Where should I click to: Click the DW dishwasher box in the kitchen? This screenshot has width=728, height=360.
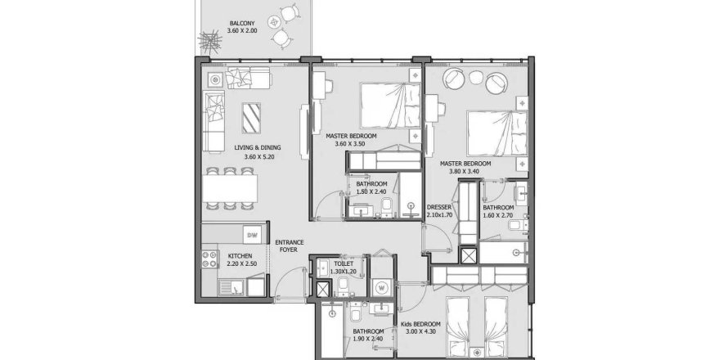coord(253,236)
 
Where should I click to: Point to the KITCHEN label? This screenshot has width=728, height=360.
coord(217,255)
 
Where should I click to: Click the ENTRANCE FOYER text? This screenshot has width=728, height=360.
coord(289,246)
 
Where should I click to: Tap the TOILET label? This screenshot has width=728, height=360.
coord(344,264)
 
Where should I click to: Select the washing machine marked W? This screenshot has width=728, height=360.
coord(382,286)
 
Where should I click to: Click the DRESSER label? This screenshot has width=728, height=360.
coord(439,208)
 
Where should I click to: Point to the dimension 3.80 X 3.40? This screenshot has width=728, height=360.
coord(465,172)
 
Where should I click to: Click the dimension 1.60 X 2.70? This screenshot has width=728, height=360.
coord(497,217)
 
